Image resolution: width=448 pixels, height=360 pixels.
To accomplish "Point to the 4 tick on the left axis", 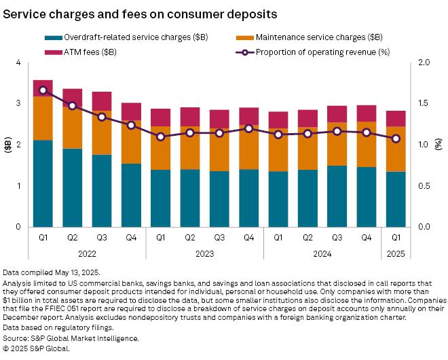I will pos(18,63).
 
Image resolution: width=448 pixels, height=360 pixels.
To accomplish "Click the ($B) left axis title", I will pos(7,145).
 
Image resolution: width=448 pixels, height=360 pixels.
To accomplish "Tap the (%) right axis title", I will pos(438,145).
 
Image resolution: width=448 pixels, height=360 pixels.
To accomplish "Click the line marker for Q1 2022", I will pos(43,90).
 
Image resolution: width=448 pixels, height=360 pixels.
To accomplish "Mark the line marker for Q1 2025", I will pos(396,139).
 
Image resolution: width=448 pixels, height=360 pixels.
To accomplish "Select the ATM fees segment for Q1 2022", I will pos(43,88).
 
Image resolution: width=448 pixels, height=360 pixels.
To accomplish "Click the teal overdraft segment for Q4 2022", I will pos(131,195).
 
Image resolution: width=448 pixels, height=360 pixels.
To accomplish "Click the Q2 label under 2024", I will pos(307,237).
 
